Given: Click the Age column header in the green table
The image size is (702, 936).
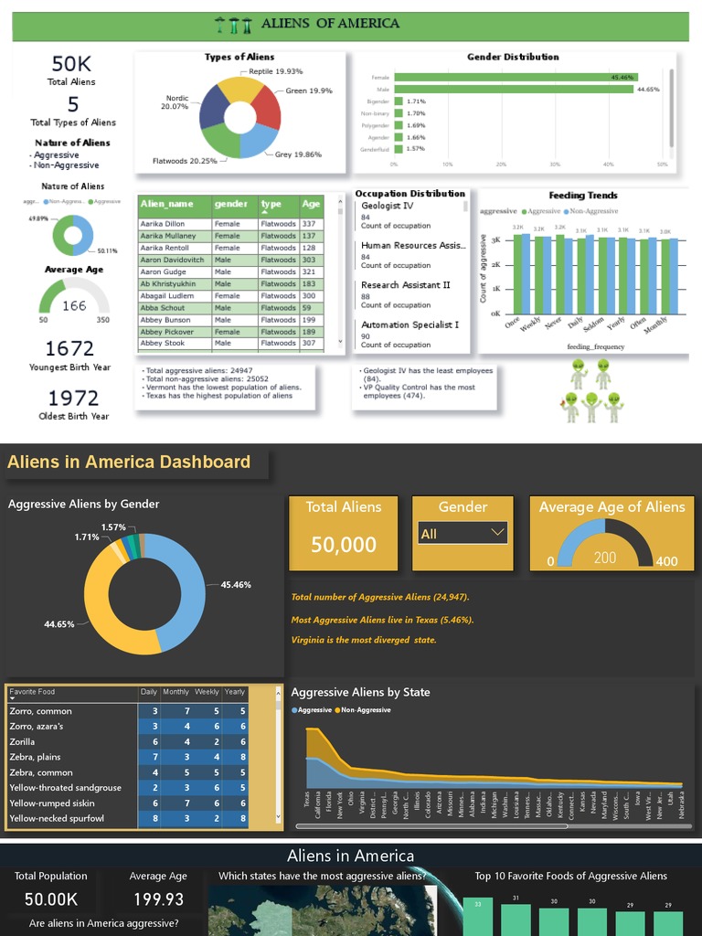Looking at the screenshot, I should pyautogui.click(x=311, y=205).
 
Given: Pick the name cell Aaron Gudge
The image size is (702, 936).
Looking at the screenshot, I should pyautogui.click(x=164, y=271).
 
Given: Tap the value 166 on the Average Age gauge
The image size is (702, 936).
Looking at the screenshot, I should pyautogui.click(x=74, y=306).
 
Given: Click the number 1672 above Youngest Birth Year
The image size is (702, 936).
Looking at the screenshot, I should pyautogui.click(x=69, y=348).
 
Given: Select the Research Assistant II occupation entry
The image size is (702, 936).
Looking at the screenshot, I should pyautogui.click(x=406, y=285).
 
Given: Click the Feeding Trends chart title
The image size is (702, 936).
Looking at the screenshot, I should pyautogui.click(x=583, y=195).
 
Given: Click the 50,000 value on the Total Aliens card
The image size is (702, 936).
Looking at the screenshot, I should pyautogui.click(x=344, y=545).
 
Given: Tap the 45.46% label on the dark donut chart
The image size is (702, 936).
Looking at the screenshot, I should pyautogui.click(x=236, y=584).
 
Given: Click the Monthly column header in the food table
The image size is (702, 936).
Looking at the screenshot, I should pyautogui.click(x=176, y=692).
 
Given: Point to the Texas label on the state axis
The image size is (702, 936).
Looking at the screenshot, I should pyautogui.click(x=307, y=799).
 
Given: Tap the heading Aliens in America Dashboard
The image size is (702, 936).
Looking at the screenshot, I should pyautogui.click(x=129, y=462).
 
